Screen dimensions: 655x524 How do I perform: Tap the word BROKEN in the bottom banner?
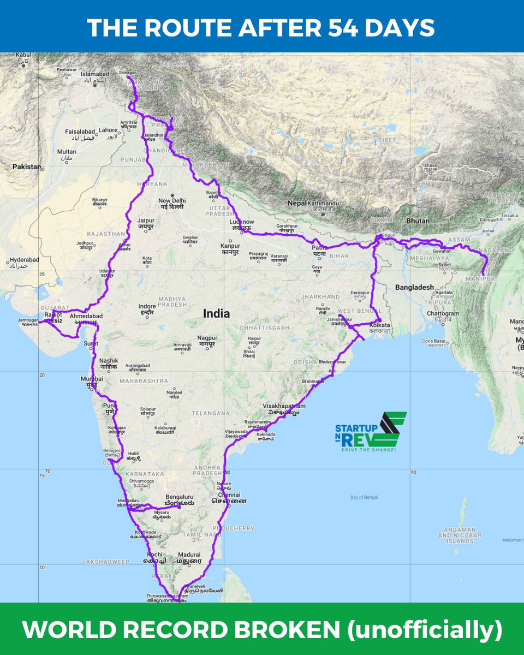(x=293, y=629)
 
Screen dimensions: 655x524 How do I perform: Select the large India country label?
(x=216, y=314)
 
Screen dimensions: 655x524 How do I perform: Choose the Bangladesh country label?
(x=414, y=287)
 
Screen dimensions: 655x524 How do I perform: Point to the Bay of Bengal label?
(x=364, y=497)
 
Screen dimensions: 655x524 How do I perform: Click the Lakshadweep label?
(x=103, y=561)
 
